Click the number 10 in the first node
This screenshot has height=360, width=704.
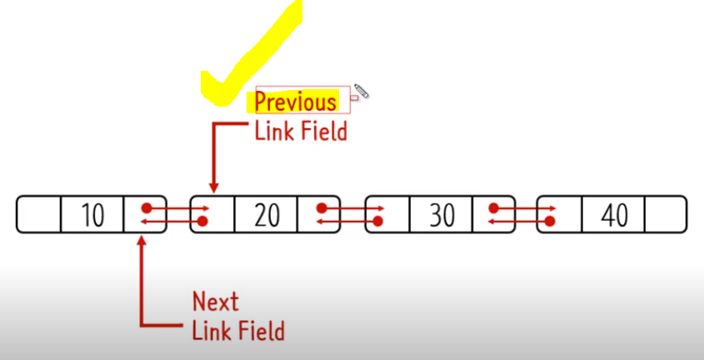click(x=92, y=215)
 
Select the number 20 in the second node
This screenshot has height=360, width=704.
click(x=267, y=215)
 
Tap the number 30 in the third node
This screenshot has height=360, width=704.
click(x=442, y=215)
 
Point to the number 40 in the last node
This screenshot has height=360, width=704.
click(x=614, y=215)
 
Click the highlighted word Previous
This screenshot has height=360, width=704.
click(x=296, y=102)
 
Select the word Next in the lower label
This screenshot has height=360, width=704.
click(x=215, y=301)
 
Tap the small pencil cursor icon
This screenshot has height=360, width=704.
click(x=361, y=91)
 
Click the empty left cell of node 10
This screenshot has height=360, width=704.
click(x=38, y=215)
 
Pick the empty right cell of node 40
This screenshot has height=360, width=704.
click(x=666, y=215)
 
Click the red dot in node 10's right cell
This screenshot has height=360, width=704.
click(x=147, y=207)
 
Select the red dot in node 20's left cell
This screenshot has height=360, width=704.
click(x=202, y=222)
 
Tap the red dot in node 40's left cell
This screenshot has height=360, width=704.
click(x=551, y=222)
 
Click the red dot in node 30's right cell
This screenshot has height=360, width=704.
click(x=495, y=207)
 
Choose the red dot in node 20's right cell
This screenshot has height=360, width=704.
click(x=321, y=207)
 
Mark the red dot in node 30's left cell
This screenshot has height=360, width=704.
click(x=377, y=222)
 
